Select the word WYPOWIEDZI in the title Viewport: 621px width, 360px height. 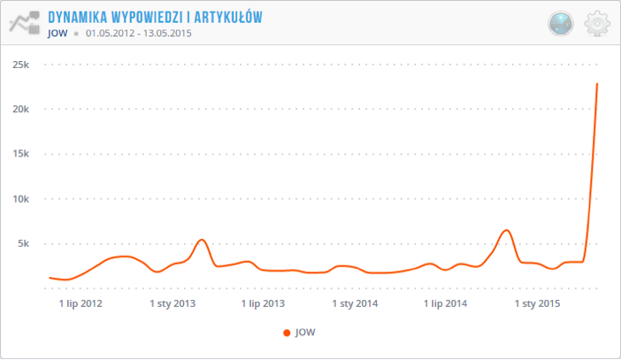[150, 18]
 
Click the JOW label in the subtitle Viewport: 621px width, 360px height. [57, 34]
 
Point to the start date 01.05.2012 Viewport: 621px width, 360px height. [111, 34]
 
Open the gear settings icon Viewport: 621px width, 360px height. [599, 24]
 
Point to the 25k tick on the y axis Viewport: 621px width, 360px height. [19, 65]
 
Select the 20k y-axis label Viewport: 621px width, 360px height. [19, 109]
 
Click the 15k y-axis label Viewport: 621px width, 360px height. [19, 154]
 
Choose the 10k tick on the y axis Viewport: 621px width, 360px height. [19, 199]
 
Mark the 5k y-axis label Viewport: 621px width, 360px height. [22, 243]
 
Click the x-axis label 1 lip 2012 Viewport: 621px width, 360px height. [81, 304]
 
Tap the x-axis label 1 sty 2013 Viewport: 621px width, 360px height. [172, 304]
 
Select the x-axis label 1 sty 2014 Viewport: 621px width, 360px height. [355, 304]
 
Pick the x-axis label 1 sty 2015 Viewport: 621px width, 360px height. [537, 304]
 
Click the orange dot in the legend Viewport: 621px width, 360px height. [286, 333]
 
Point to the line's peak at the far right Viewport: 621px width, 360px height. [597, 84]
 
